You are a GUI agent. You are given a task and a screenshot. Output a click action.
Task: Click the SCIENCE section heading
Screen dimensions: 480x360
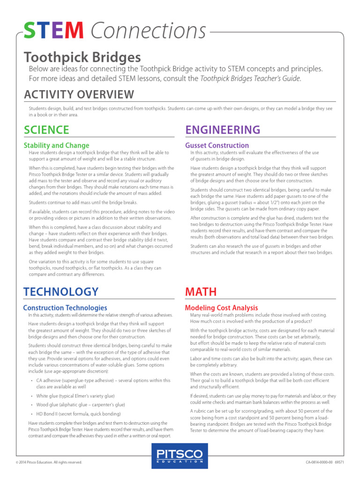point(46,130)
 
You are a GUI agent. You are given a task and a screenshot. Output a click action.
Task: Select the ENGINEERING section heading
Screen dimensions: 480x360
point(223,130)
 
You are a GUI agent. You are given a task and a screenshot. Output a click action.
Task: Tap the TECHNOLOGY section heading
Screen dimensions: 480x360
point(61,292)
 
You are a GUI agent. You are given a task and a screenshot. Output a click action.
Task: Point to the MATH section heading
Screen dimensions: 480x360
point(201,292)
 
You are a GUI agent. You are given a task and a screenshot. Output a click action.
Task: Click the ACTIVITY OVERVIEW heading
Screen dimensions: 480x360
point(79,95)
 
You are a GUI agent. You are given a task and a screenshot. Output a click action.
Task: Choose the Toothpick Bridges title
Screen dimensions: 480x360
point(82,58)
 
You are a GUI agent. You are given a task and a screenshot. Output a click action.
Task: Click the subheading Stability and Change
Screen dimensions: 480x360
point(56,145)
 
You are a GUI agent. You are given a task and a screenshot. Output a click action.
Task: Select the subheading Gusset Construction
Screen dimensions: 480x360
point(217,145)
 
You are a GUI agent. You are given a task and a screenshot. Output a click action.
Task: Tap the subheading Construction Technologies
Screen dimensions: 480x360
point(65,307)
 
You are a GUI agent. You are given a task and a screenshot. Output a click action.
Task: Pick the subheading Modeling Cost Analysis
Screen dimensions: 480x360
point(221,308)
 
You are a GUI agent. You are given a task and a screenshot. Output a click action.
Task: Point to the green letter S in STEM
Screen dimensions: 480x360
point(30,31)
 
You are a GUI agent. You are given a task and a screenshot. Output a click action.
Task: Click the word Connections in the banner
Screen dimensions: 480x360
point(148,31)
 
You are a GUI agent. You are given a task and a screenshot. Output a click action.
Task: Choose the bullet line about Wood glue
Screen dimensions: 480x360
point(81,405)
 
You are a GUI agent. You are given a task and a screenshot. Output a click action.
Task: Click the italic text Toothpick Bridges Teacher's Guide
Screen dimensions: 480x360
point(250,79)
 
